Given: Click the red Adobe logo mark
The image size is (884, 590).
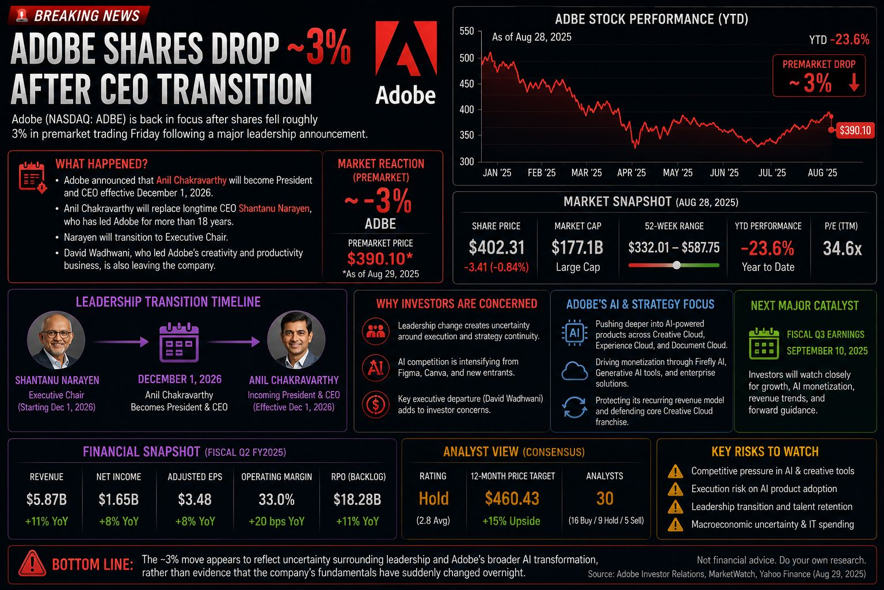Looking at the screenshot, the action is click(406, 48).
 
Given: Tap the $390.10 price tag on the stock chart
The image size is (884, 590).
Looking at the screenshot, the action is click(855, 130).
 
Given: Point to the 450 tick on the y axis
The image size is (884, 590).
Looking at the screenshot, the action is click(467, 84).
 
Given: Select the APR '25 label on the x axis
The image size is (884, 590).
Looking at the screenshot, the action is click(631, 173).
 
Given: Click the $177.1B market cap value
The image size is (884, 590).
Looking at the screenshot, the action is click(577, 248).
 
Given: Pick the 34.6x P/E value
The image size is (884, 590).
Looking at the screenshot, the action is click(842, 248).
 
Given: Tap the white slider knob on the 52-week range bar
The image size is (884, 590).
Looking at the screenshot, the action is click(676, 265).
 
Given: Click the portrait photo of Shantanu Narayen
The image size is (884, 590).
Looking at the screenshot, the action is click(56, 340).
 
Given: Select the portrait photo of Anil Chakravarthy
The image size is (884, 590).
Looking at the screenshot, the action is click(296, 340).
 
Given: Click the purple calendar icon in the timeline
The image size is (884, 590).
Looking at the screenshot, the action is click(179, 342).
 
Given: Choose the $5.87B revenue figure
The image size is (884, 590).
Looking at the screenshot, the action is click(47, 500).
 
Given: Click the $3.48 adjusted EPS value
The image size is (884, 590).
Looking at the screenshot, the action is click(195, 500).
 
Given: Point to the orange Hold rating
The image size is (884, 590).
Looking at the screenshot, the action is click(434, 499).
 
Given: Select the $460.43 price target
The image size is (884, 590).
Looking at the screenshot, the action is click(512, 499).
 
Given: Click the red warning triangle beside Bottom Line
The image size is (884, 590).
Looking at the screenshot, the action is click(32, 563).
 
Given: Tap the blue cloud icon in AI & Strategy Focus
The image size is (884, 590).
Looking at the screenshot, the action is click(574, 371).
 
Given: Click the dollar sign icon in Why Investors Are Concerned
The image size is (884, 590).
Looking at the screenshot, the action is click(376, 404).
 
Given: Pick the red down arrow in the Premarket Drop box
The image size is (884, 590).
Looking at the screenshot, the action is click(854, 82).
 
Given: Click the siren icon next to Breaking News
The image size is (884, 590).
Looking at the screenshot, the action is click(22, 15).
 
